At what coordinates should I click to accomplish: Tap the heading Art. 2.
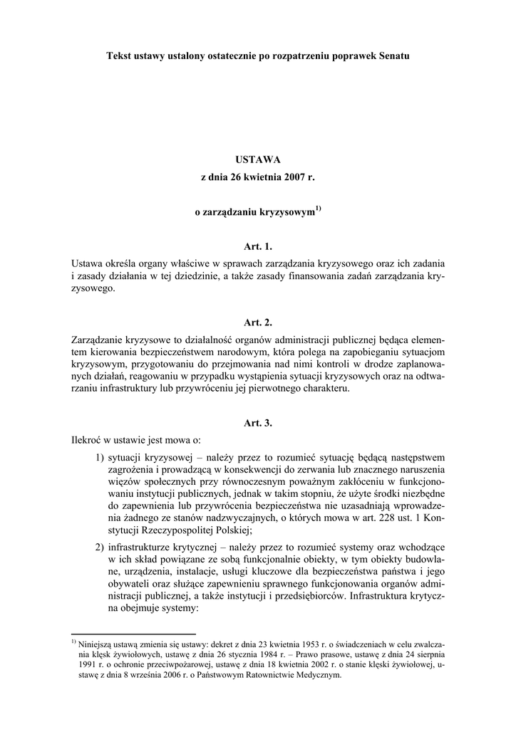point(258,322)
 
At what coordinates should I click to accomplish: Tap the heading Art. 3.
point(258,423)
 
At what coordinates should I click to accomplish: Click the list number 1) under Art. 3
point(100,456)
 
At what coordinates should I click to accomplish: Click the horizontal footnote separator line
point(134,633)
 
